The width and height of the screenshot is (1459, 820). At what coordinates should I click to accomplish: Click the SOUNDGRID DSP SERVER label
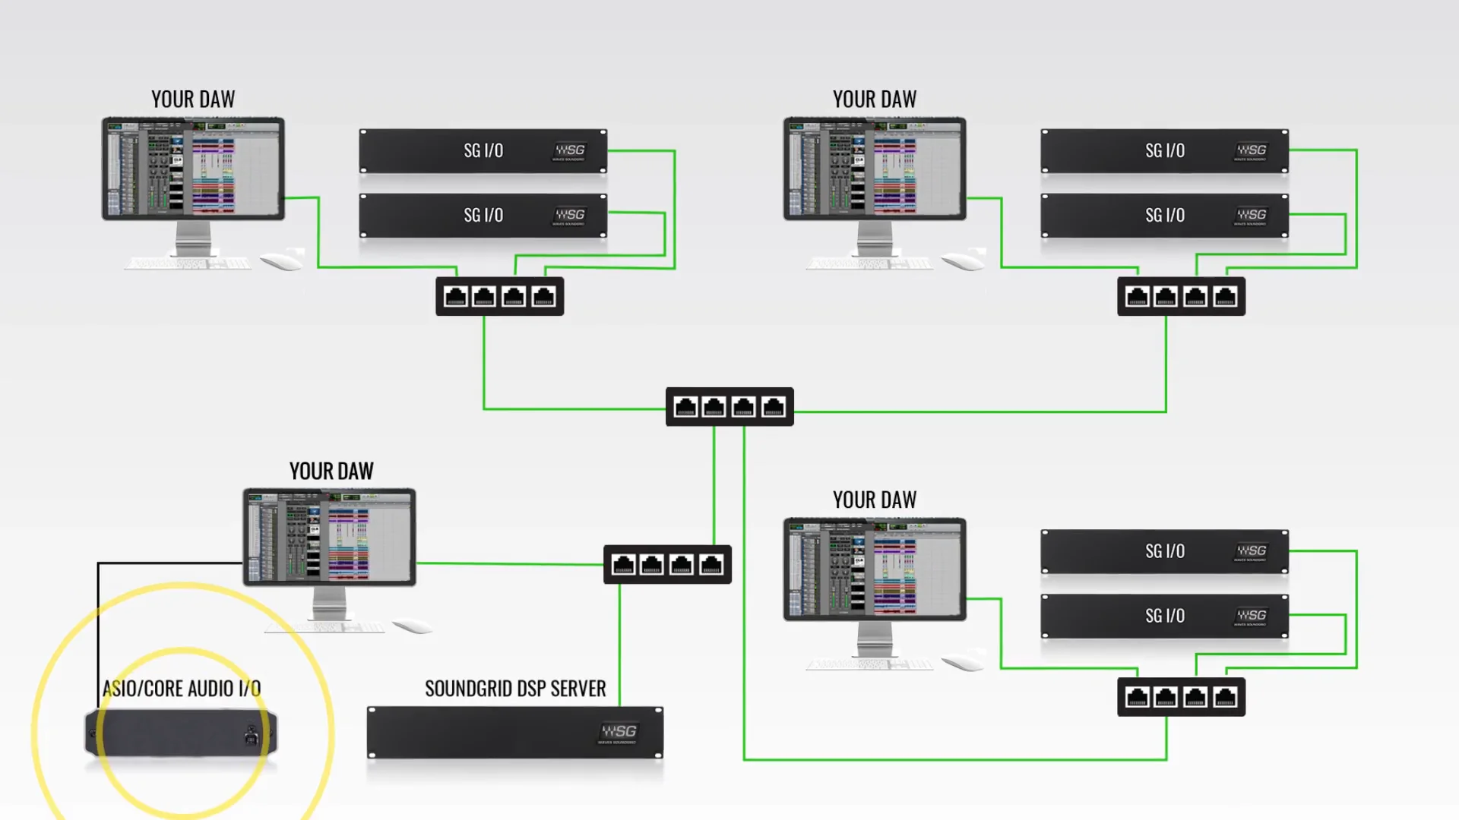click(515, 689)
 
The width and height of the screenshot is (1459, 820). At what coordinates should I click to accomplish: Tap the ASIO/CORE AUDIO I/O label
click(182, 689)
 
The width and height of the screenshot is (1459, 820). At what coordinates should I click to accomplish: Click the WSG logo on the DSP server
click(619, 732)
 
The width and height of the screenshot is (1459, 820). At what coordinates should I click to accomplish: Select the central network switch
click(729, 407)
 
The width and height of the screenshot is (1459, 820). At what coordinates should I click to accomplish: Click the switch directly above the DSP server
click(667, 564)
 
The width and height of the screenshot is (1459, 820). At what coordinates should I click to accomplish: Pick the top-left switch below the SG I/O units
click(499, 297)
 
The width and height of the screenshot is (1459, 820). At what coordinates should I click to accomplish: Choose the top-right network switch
click(1181, 297)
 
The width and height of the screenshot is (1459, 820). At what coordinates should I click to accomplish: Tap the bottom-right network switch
click(1181, 697)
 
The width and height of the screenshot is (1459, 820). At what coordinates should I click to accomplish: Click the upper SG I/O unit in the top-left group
click(483, 151)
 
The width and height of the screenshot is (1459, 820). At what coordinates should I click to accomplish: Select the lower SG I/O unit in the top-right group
click(1164, 216)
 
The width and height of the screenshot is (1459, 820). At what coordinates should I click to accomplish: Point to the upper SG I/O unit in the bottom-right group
click(1164, 551)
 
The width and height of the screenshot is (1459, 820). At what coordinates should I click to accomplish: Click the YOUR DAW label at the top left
click(193, 99)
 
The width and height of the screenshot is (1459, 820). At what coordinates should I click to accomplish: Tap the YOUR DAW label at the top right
click(875, 99)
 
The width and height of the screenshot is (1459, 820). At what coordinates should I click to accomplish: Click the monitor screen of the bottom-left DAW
click(329, 536)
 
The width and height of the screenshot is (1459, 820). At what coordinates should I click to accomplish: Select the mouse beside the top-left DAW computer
click(280, 262)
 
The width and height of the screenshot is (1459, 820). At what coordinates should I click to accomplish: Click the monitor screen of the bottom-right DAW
click(875, 569)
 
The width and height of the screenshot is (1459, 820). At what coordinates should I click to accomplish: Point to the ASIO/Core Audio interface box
click(181, 733)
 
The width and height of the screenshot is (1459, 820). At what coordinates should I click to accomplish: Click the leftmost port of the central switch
click(685, 407)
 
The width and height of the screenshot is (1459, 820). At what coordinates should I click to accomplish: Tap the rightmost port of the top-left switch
click(543, 297)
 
